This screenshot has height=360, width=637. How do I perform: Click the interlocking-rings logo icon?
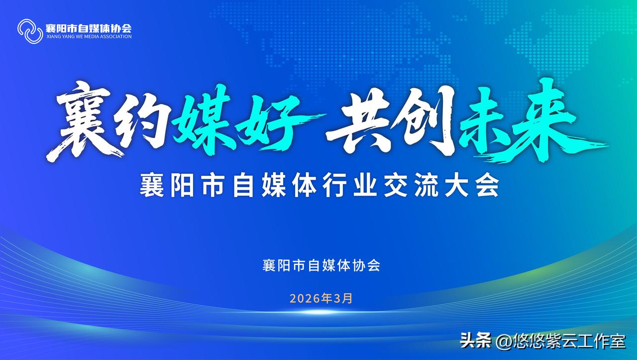[x=30, y=31]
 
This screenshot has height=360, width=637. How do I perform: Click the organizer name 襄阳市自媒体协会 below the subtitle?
[x=321, y=265]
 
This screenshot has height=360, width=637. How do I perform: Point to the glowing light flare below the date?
[x=318, y=313]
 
